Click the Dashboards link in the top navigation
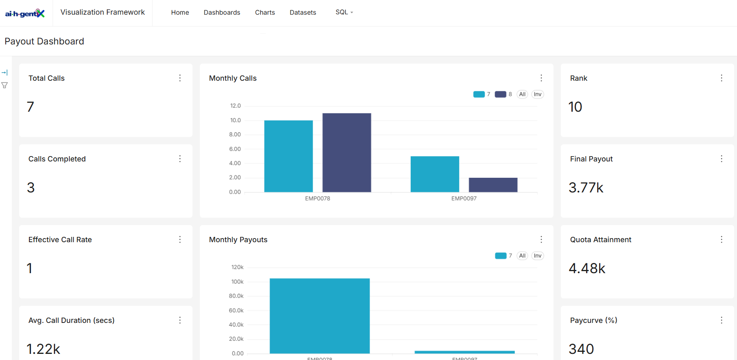click(222, 13)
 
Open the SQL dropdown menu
click(344, 12)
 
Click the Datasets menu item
click(303, 13)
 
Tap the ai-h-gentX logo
click(25, 13)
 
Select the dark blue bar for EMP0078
click(347, 152)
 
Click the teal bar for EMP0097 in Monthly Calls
click(435, 174)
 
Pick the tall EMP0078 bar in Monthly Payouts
click(319, 316)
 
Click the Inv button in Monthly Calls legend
click(538, 94)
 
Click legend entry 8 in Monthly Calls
click(503, 94)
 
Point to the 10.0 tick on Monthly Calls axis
click(235, 120)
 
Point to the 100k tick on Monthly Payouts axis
click(237, 282)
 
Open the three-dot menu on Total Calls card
click(180, 78)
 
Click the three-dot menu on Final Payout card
click(721, 159)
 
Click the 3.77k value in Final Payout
click(586, 188)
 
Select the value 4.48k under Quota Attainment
click(587, 268)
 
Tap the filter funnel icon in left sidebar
click(4, 85)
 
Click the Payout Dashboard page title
click(44, 41)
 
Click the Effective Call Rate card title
click(60, 240)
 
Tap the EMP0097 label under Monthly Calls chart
click(464, 199)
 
